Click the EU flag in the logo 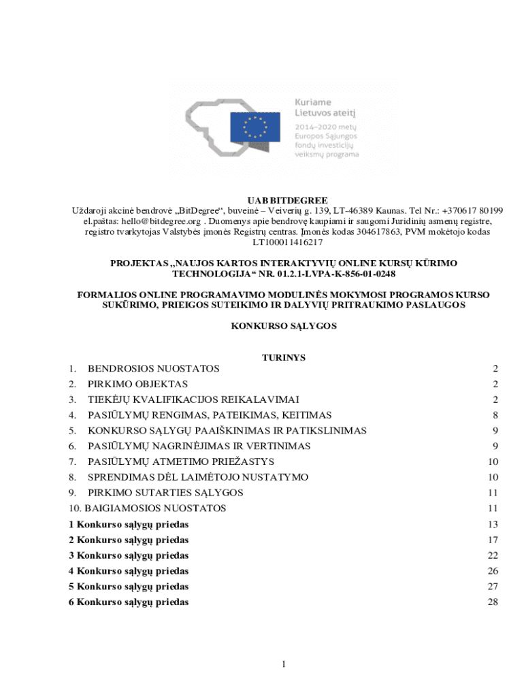(x=256, y=126)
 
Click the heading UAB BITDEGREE (x=288, y=200)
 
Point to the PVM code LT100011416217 (x=288, y=242)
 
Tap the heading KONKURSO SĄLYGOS (x=284, y=326)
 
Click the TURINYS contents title (x=284, y=357)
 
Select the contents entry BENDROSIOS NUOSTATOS (x=153, y=369)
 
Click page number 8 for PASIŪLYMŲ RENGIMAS (x=496, y=415)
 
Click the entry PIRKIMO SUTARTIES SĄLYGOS (x=165, y=493)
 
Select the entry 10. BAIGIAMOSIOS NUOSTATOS (x=148, y=508)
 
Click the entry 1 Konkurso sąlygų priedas (x=129, y=524)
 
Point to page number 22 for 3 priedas (x=493, y=555)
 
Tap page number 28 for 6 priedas (x=493, y=602)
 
